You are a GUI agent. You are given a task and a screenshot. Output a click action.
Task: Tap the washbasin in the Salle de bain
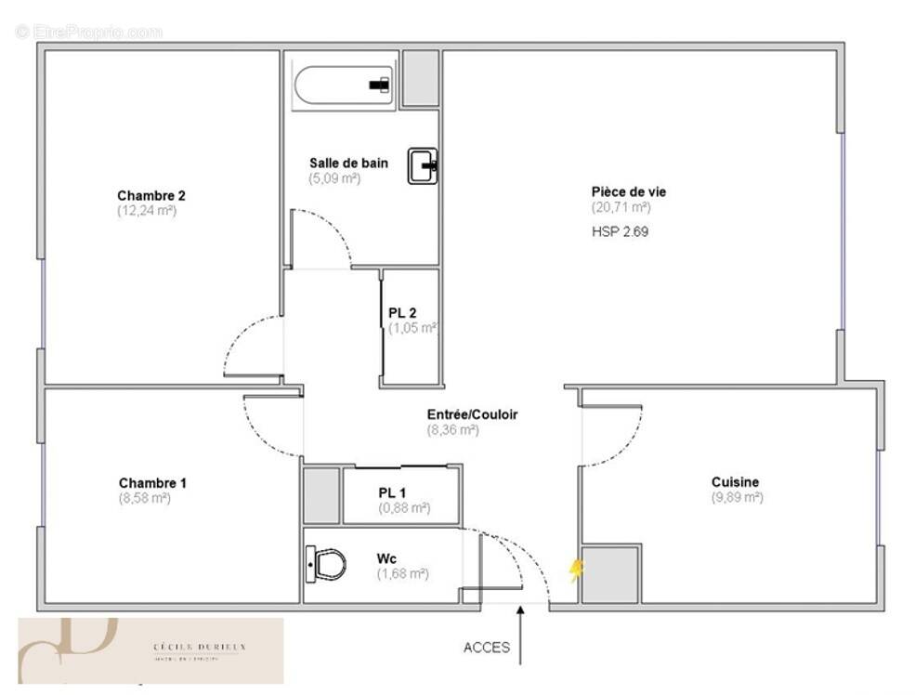click(423, 166)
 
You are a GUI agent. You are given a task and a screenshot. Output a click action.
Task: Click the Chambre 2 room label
click(150, 195)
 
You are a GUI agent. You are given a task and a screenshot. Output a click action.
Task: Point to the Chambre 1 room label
click(152, 483)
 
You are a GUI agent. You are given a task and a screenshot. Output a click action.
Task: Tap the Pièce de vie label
click(629, 191)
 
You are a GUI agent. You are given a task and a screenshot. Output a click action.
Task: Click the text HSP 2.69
click(620, 231)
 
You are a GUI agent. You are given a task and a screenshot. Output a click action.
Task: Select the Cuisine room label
click(735, 482)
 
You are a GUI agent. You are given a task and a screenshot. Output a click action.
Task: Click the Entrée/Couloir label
click(472, 414)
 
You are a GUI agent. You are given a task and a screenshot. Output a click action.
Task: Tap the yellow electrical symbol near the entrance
click(576, 570)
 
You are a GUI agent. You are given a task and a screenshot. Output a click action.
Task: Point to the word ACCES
click(487, 648)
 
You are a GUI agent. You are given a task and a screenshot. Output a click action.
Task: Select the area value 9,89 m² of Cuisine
click(738, 498)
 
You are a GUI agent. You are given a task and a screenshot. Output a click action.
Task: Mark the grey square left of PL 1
click(321, 495)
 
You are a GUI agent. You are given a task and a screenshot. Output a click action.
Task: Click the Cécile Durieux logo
click(150, 650)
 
